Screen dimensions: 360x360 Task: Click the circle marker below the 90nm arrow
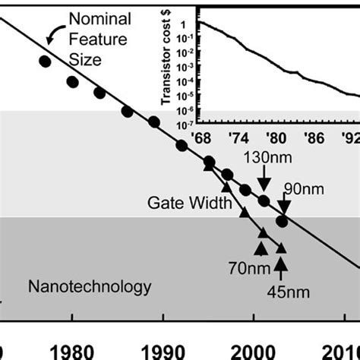(282, 221)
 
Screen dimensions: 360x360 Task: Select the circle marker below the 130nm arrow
(264, 201)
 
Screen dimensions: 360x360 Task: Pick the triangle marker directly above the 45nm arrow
(281, 247)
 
